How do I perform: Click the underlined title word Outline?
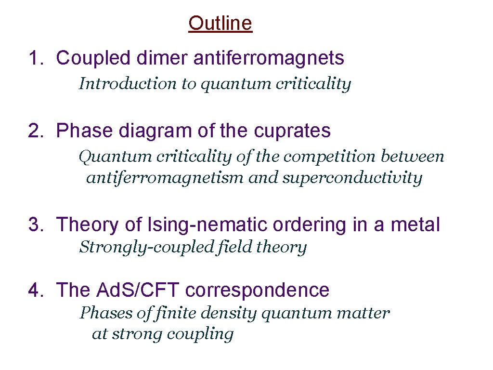220,23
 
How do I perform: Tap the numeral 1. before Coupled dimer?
37,58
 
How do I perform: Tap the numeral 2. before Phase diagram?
37,131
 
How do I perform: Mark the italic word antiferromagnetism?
165,178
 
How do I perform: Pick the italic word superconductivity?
352,178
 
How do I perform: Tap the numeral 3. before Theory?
37,225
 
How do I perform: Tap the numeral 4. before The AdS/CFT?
37,290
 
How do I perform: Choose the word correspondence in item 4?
257,290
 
